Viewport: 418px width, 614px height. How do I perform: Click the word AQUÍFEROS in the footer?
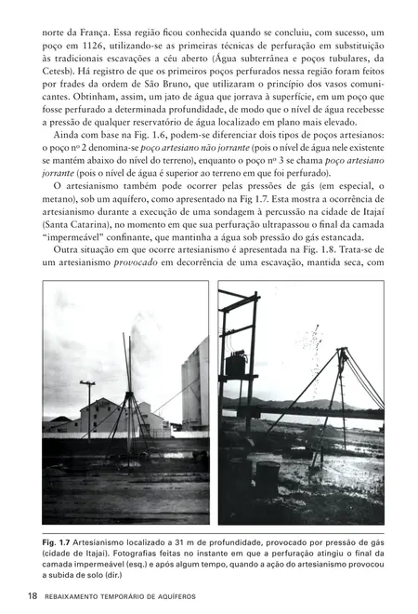(x=172, y=595)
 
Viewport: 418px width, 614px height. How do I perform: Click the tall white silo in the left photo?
(x=194, y=381)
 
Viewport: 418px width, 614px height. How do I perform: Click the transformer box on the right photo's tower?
(x=235, y=363)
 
